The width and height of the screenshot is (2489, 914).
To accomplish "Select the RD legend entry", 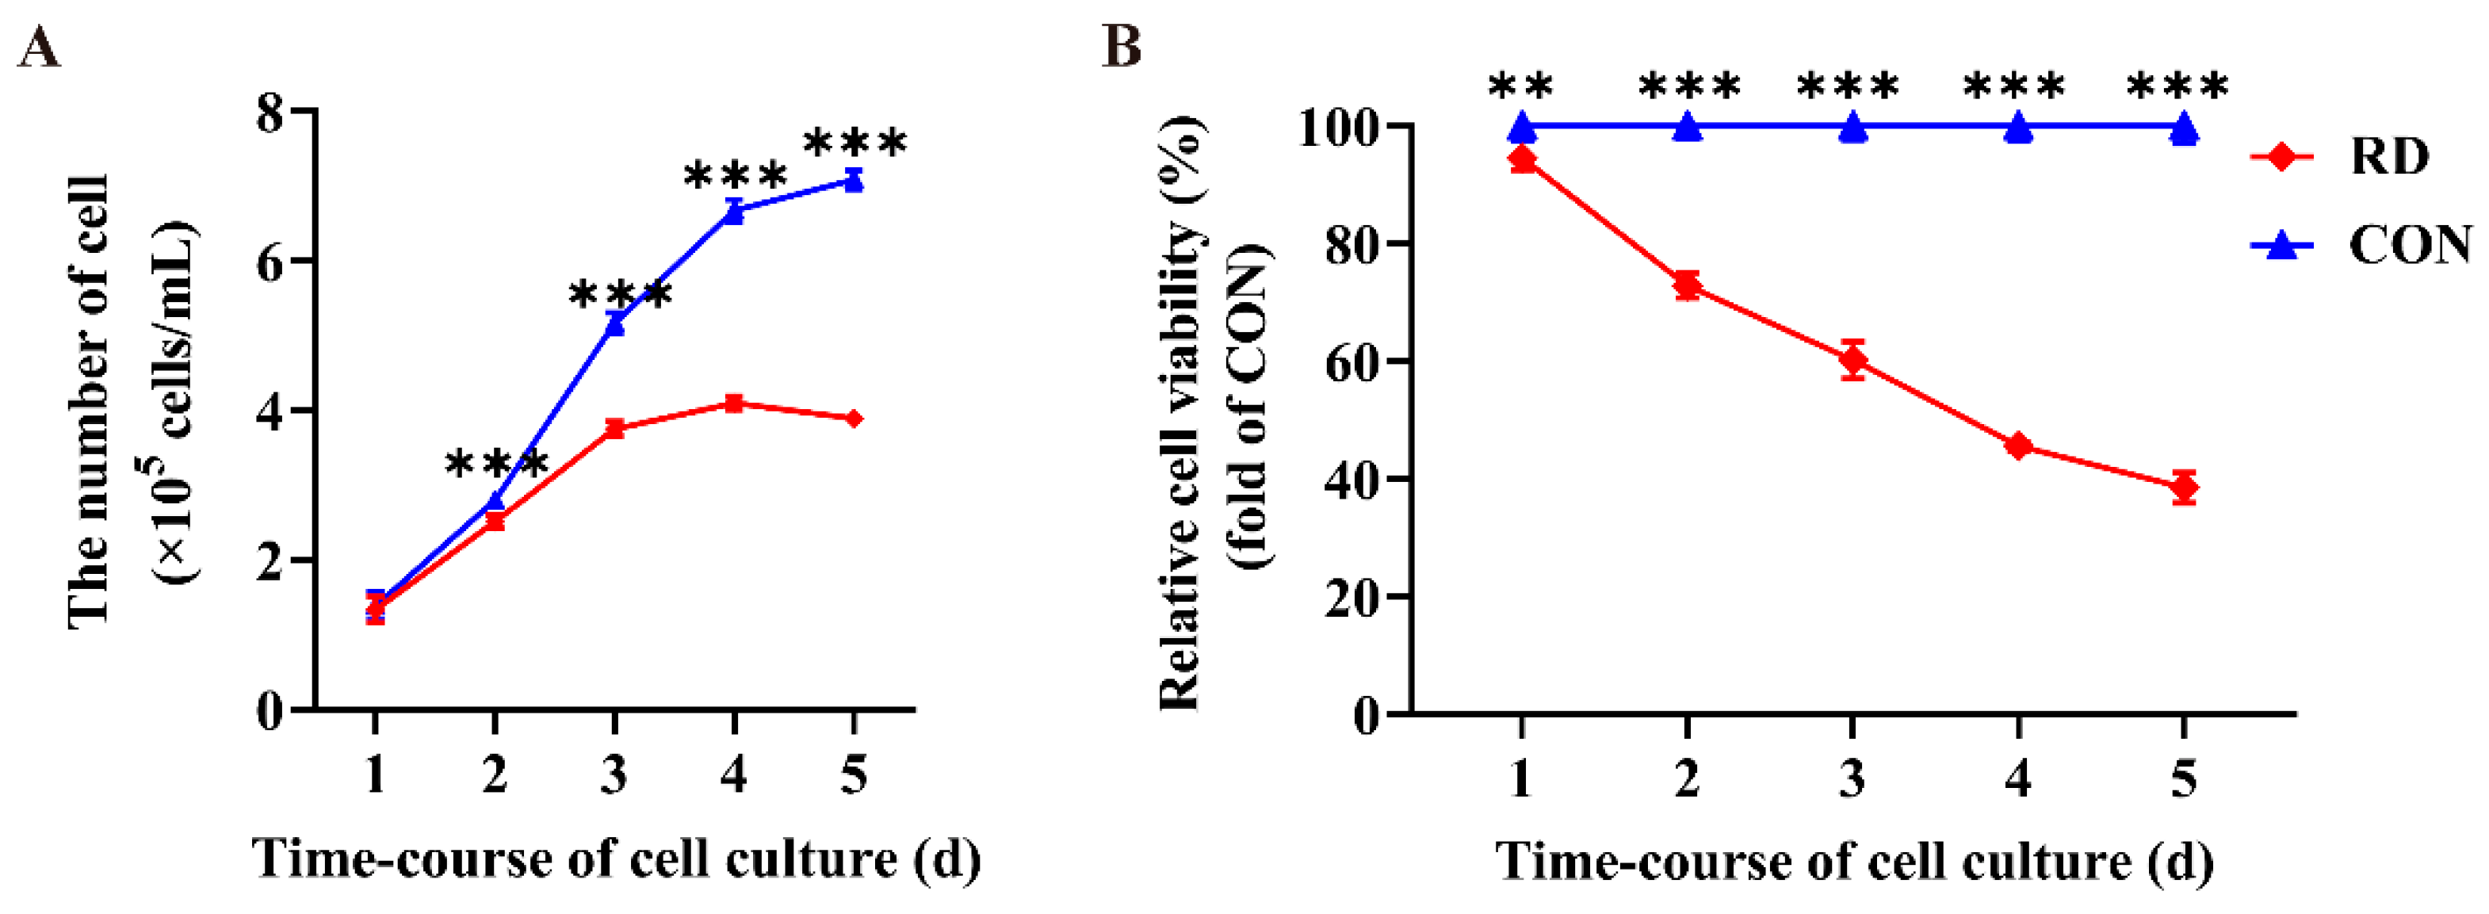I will [x=2338, y=156].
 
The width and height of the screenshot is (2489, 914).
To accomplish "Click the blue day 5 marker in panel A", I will [x=853, y=181].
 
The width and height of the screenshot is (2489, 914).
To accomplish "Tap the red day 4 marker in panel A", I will [x=734, y=403].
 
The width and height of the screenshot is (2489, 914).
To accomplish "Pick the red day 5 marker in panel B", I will [x=2184, y=488].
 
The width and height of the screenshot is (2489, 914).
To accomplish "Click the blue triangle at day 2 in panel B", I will [x=1687, y=127].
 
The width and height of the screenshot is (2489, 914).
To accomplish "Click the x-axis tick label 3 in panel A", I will [x=614, y=774].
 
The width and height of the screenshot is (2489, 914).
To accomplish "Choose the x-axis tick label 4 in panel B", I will [x=2017, y=778].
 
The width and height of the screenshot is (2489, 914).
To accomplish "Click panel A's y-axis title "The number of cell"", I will [x=89, y=403].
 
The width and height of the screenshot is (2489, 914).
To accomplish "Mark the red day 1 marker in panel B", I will [x=1522, y=159].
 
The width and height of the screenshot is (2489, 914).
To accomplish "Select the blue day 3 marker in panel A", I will [x=614, y=325].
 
